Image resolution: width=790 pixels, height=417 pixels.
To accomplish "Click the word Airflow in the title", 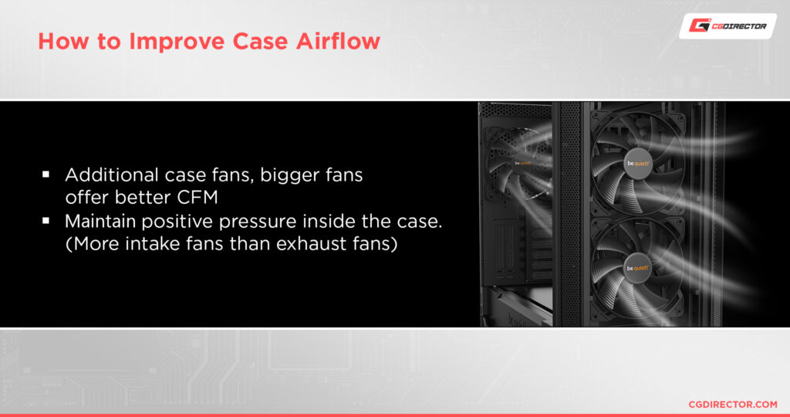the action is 338,42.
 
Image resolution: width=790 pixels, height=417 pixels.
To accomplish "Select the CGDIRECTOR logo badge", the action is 728,25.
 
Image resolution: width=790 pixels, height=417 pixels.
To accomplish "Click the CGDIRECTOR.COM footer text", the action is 733,405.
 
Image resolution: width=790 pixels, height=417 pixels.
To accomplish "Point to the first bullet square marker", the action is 46,175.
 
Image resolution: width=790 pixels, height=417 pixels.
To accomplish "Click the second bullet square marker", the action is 46,221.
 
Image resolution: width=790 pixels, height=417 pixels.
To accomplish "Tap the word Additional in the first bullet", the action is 111,175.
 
